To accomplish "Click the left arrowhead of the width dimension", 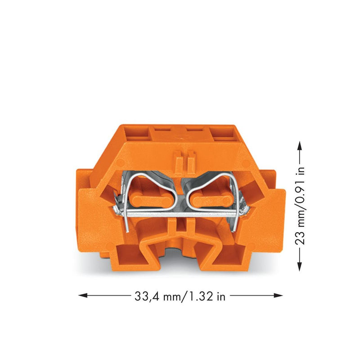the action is click(x=83, y=295).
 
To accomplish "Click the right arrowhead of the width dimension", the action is click(x=278, y=295).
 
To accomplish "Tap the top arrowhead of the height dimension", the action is click(x=299, y=145).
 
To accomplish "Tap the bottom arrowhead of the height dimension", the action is click(x=299, y=266).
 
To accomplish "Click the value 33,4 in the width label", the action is click(x=147, y=297).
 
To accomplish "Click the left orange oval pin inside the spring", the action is click(x=151, y=201).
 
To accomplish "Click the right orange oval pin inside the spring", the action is click(x=211, y=201).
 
